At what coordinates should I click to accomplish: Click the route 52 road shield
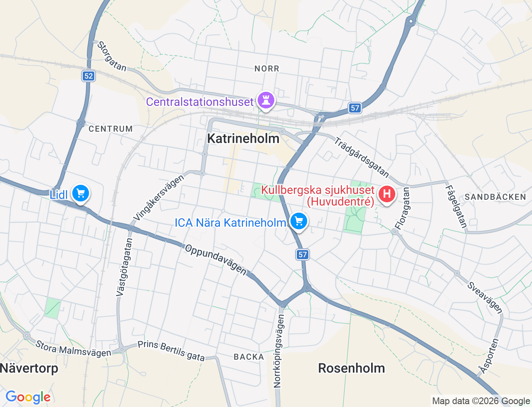point(89,76)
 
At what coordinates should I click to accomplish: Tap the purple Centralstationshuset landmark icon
point(266,100)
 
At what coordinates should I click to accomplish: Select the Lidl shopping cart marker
point(81,194)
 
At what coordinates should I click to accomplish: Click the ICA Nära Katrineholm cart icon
point(298,221)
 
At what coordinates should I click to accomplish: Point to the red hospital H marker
point(387,194)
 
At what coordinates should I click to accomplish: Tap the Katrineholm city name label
point(243,138)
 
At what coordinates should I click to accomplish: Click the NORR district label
point(267,69)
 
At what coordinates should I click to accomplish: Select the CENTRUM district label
point(111,129)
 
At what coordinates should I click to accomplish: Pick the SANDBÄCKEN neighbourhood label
point(495,197)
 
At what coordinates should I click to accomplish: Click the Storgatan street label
point(112,56)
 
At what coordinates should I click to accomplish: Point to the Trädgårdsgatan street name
point(361,157)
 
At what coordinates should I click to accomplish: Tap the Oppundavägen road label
point(216,259)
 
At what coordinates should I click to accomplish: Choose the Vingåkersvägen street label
point(158,198)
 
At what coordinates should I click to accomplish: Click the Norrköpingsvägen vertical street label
point(279,351)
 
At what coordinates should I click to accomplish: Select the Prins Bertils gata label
point(171,351)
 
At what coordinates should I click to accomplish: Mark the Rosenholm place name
point(351,368)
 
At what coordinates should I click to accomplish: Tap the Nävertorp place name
point(29,368)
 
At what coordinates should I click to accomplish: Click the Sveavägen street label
point(485,297)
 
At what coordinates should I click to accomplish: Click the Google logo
point(28,397)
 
